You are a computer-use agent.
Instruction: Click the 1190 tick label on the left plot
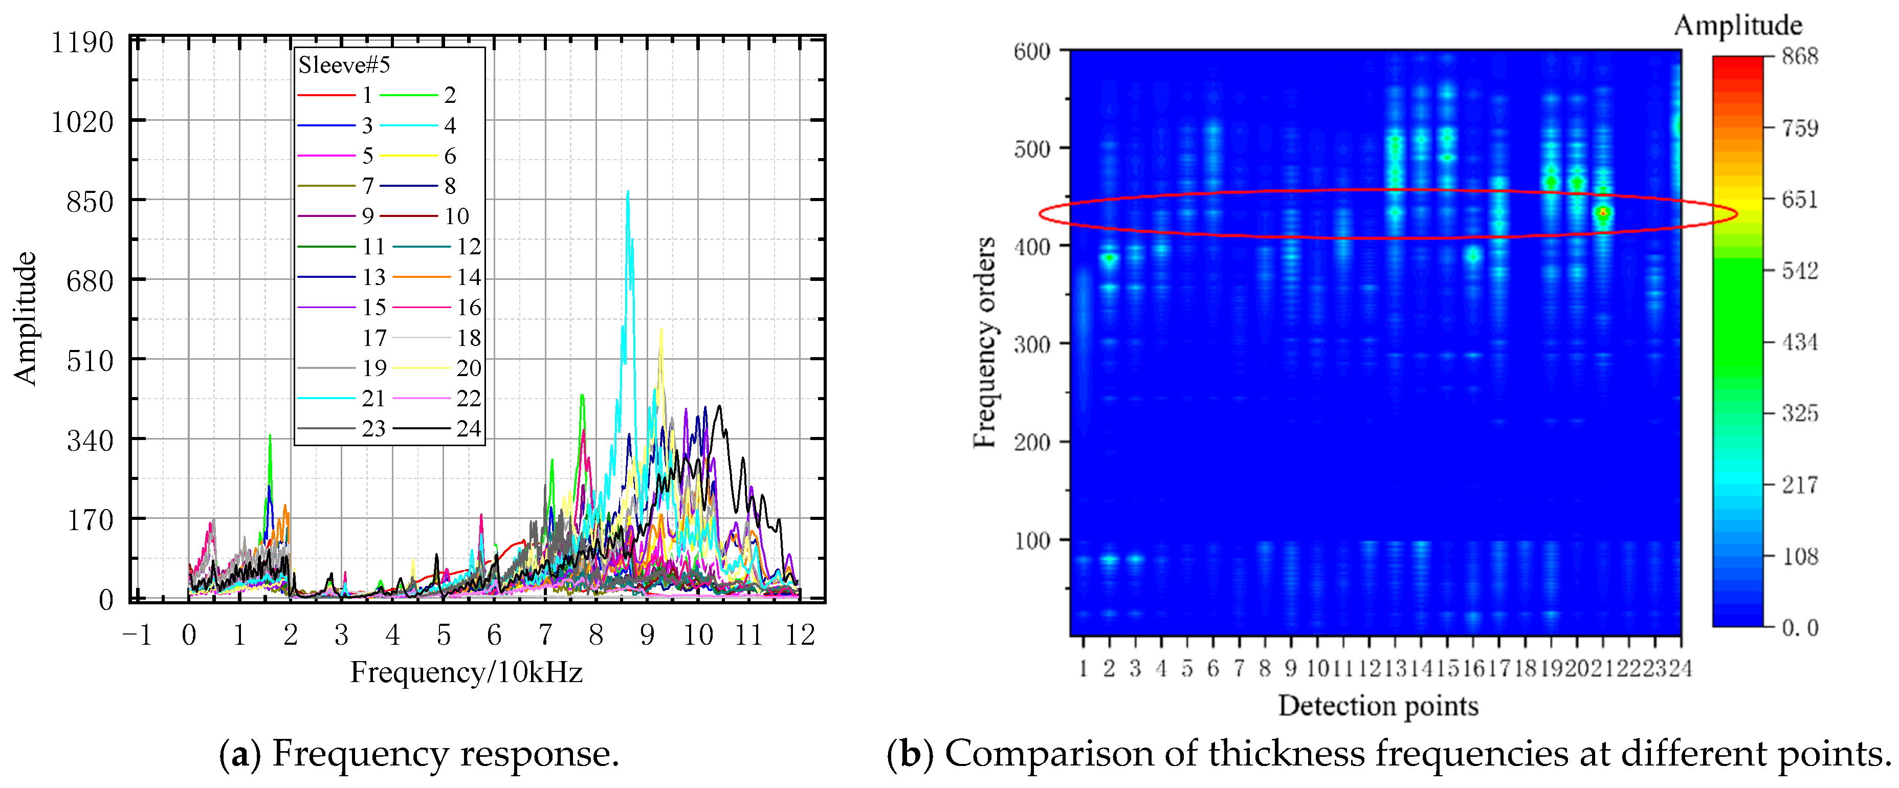point(82,43)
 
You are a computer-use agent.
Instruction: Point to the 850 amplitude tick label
point(90,201)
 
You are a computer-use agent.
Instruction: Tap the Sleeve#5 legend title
point(344,65)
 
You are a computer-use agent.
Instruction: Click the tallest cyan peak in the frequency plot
point(628,193)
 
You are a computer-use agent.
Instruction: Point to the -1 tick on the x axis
point(137,634)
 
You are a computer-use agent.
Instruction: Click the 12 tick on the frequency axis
point(800,634)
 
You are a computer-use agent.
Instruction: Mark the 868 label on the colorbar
point(1799,56)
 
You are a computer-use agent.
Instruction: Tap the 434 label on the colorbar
point(1799,342)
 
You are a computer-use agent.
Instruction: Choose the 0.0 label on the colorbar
point(1799,628)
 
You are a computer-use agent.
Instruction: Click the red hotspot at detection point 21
point(1603,213)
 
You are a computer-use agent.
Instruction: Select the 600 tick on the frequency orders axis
point(1031,52)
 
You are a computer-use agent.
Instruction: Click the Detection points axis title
point(1378,706)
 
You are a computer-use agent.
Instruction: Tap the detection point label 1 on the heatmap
point(1083,669)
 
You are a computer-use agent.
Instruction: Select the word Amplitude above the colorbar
point(1737,25)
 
